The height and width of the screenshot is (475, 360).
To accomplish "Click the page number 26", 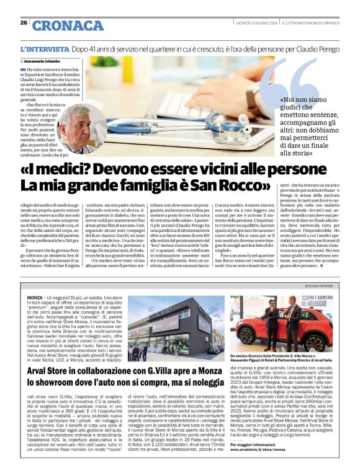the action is click(23, 23).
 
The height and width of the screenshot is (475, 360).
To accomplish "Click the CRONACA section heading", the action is click(68, 25).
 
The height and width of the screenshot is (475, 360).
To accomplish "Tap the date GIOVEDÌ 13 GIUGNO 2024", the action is click(254, 23).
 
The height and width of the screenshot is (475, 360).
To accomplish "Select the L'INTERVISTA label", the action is click(44, 48).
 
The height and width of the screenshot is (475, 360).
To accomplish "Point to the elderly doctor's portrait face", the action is click(78, 127).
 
